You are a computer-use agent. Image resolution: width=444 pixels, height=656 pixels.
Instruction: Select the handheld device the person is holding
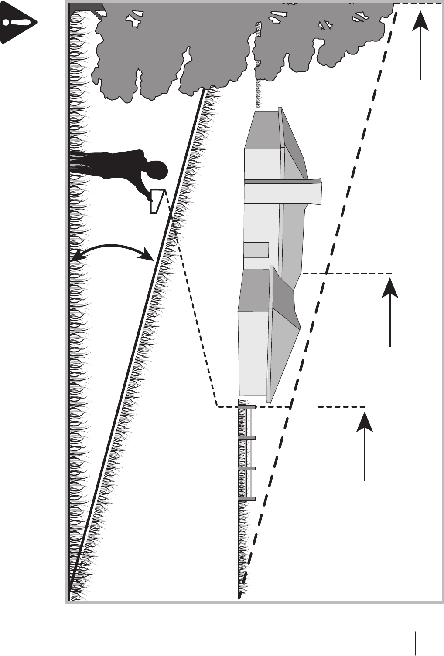[x=157, y=200]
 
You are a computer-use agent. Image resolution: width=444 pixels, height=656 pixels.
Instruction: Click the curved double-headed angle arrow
[x=111, y=249]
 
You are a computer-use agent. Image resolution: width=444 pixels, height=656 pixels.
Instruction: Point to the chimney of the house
[x=283, y=192]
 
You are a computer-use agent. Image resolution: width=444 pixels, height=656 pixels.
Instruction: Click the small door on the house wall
[x=256, y=250]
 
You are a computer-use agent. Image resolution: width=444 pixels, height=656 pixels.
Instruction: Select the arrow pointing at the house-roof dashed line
[x=390, y=311]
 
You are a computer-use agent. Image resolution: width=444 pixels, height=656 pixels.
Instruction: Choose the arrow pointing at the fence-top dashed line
[x=365, y=446]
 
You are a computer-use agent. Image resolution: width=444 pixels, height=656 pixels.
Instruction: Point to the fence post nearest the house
[x=247, y=407]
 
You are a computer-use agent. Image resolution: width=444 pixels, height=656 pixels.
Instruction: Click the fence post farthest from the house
[x=247, y=498]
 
